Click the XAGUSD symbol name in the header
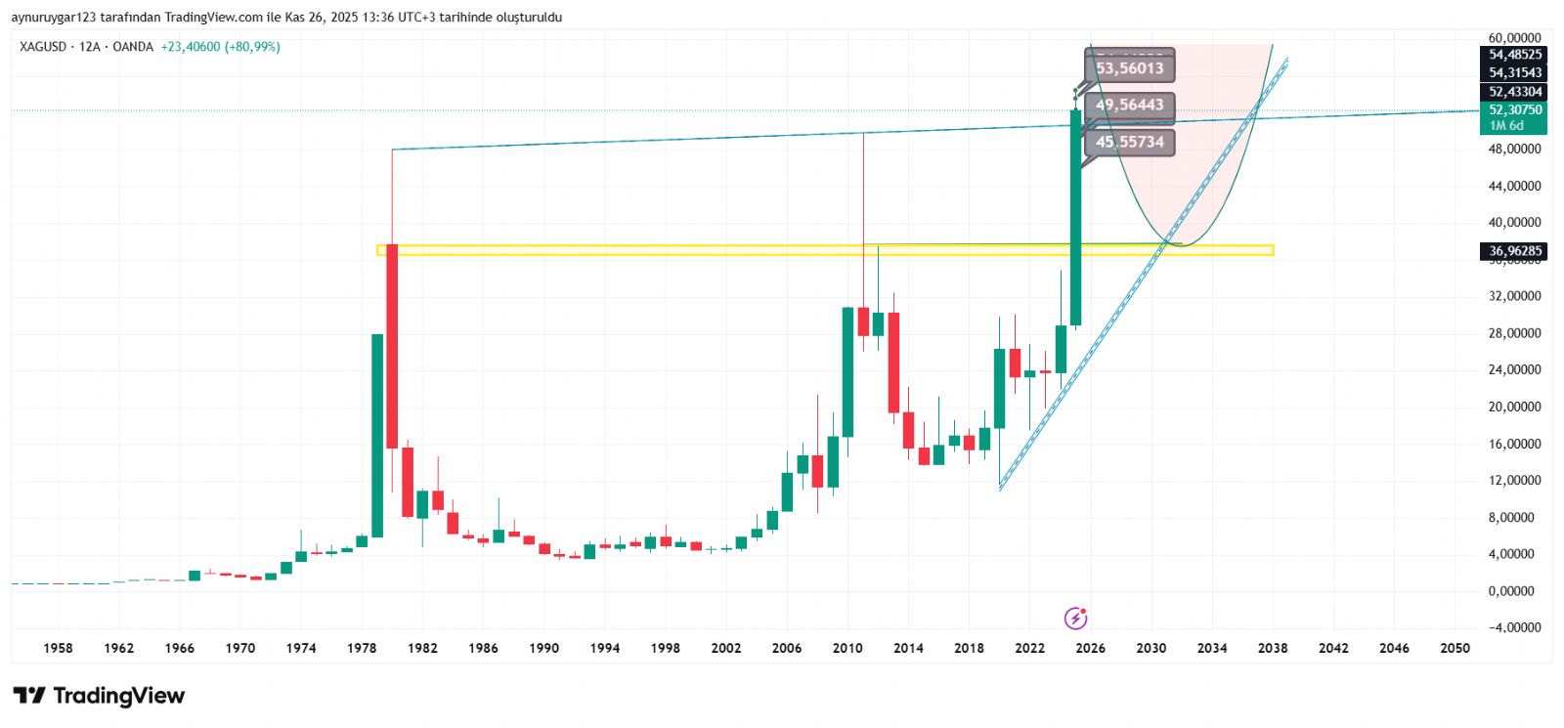pyautogui.click(x=43, y=47)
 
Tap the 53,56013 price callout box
pyautogui.click(x=1129, y=68)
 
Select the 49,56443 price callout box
pyautogui.click(x=1129, y=106)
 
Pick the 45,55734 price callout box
pyautogui.click(x=1129, y=143)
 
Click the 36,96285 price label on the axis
pyautogui.click(x=1514, y=251)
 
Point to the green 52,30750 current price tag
pyautogui.click(x=1514, y=110)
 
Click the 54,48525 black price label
pyautogui.click(x=1514, y=55)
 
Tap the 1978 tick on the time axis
pyautogui.click(x=362, y=648)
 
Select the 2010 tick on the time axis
pyautogui.click(x=847, y=648)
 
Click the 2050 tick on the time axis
pyautogui.click(x=1455, y=648)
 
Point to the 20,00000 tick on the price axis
pyautogui.click(x=1514, y=407)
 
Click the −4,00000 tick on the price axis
pyautogui.click(x=1514, y=627)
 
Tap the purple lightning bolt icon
pyautogui.click(x=1075, y=618)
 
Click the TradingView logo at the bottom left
pyautogui.click(x=99, y=696)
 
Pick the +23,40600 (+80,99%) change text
pyautogui.click(x=221, y=47)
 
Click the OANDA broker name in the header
pyautogui.click(x=133, y=47)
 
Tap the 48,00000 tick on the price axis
pyautogui.click(x=1514, y=150)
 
